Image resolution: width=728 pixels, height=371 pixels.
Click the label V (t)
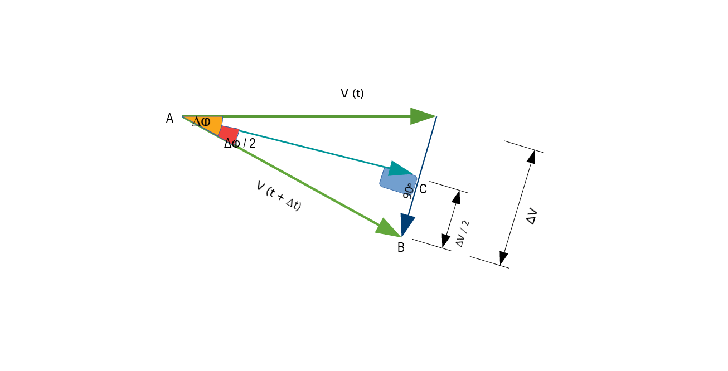[352, 94]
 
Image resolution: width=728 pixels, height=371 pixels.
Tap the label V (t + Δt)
[279, 197]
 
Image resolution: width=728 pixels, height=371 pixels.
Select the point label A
[169, 118]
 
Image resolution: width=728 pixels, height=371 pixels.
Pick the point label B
[401, 248]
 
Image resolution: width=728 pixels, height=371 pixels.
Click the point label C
[423, 189]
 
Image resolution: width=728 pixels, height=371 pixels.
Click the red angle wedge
[229, 134]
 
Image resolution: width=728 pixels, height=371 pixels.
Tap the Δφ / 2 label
[240, 143]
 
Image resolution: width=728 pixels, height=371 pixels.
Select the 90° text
[408, 191]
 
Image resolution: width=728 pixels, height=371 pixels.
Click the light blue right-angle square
[392, 181]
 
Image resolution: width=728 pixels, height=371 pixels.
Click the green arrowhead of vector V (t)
[422, 116]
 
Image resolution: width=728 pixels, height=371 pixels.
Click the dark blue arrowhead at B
[407, 224]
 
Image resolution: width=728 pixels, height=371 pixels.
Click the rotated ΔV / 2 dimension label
[463, 234]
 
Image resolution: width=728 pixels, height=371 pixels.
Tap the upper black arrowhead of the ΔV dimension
[531, 157]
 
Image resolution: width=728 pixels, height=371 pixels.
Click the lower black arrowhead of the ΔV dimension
[503, 258]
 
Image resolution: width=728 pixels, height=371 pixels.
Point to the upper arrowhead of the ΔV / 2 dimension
[457, 198]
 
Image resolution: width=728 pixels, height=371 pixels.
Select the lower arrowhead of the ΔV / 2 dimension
[445, 240]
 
